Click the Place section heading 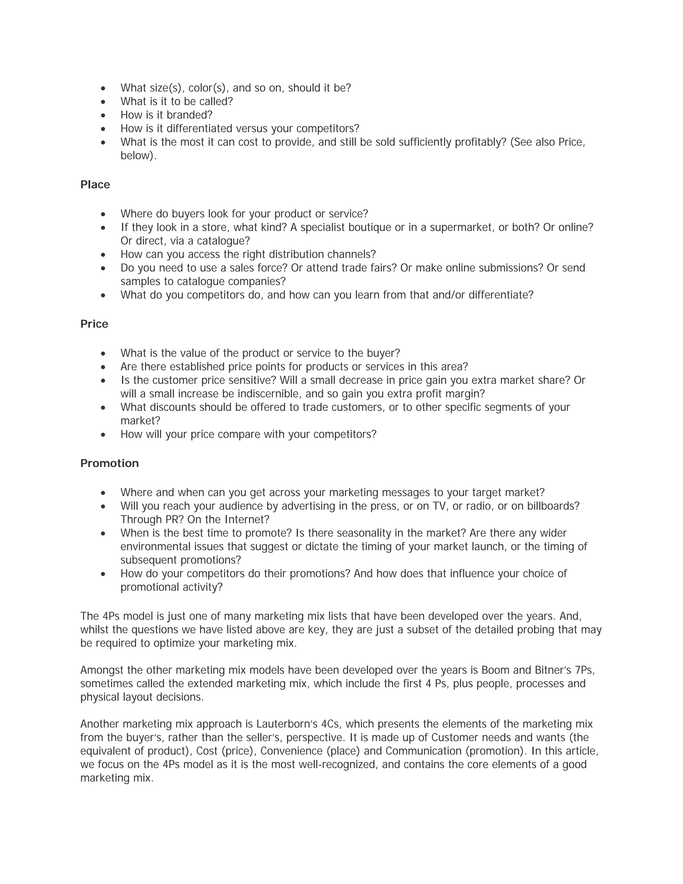95,184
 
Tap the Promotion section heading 109,463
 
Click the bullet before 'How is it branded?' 103,115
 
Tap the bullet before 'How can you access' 103,255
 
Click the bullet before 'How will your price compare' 103,434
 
